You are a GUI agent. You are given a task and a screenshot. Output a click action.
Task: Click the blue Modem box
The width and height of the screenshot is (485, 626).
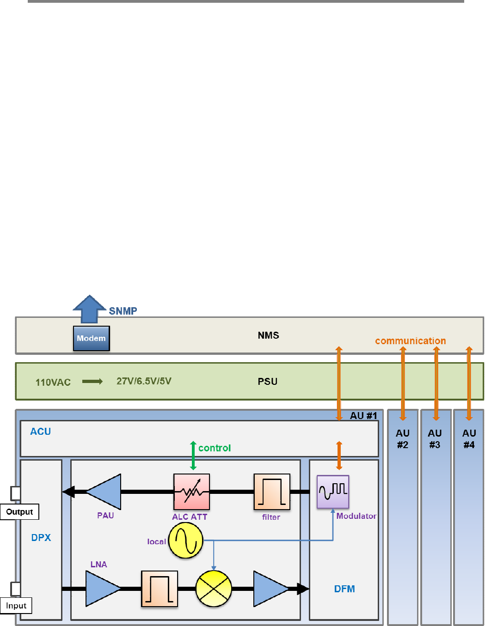92,338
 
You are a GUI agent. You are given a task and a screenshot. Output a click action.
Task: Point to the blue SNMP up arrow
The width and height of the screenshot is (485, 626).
89,309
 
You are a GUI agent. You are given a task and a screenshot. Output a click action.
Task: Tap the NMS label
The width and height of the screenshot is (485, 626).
268,335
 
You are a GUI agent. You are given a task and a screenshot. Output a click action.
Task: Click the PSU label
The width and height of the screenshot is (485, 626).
268,382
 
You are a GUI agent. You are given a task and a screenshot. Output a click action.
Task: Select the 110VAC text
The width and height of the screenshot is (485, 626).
53,383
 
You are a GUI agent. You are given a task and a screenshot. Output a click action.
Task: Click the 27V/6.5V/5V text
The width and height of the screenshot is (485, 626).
144,381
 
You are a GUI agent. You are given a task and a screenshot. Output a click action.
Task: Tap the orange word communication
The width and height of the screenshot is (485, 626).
410,341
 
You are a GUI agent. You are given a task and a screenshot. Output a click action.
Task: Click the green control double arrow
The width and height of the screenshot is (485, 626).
193,456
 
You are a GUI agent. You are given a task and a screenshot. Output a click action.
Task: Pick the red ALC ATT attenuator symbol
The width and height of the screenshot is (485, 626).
191,492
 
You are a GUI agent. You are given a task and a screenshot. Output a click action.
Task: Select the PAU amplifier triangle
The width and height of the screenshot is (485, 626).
105,492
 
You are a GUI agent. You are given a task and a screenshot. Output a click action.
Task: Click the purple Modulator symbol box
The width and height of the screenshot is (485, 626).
333,492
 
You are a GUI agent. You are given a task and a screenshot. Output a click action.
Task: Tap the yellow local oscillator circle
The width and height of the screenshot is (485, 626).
185,541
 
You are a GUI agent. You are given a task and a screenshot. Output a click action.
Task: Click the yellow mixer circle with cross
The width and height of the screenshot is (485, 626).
214,589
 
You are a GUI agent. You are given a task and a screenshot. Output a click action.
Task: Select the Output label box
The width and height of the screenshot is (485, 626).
19,512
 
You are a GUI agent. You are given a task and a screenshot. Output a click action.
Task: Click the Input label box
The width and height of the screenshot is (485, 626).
16,606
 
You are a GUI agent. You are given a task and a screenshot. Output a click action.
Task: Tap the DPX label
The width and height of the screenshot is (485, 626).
41,538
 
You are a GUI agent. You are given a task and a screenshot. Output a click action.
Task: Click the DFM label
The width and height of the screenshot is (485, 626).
344,589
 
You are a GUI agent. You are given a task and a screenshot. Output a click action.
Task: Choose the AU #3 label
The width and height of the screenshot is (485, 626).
435,439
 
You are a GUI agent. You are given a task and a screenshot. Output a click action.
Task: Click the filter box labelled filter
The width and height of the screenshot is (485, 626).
272,492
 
